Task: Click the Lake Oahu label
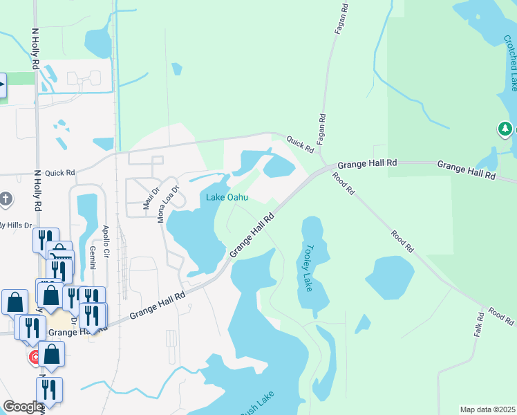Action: tap(227, 197)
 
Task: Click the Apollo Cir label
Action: tap(106, 239)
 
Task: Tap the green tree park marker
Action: tap(505, 129)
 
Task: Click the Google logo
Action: tap(22, 407)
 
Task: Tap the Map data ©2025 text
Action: tap(487, 409)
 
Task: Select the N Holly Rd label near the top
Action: tap(35, 48)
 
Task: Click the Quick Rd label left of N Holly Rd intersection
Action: tap(59, 173)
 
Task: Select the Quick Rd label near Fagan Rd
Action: tap(301, 143)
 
